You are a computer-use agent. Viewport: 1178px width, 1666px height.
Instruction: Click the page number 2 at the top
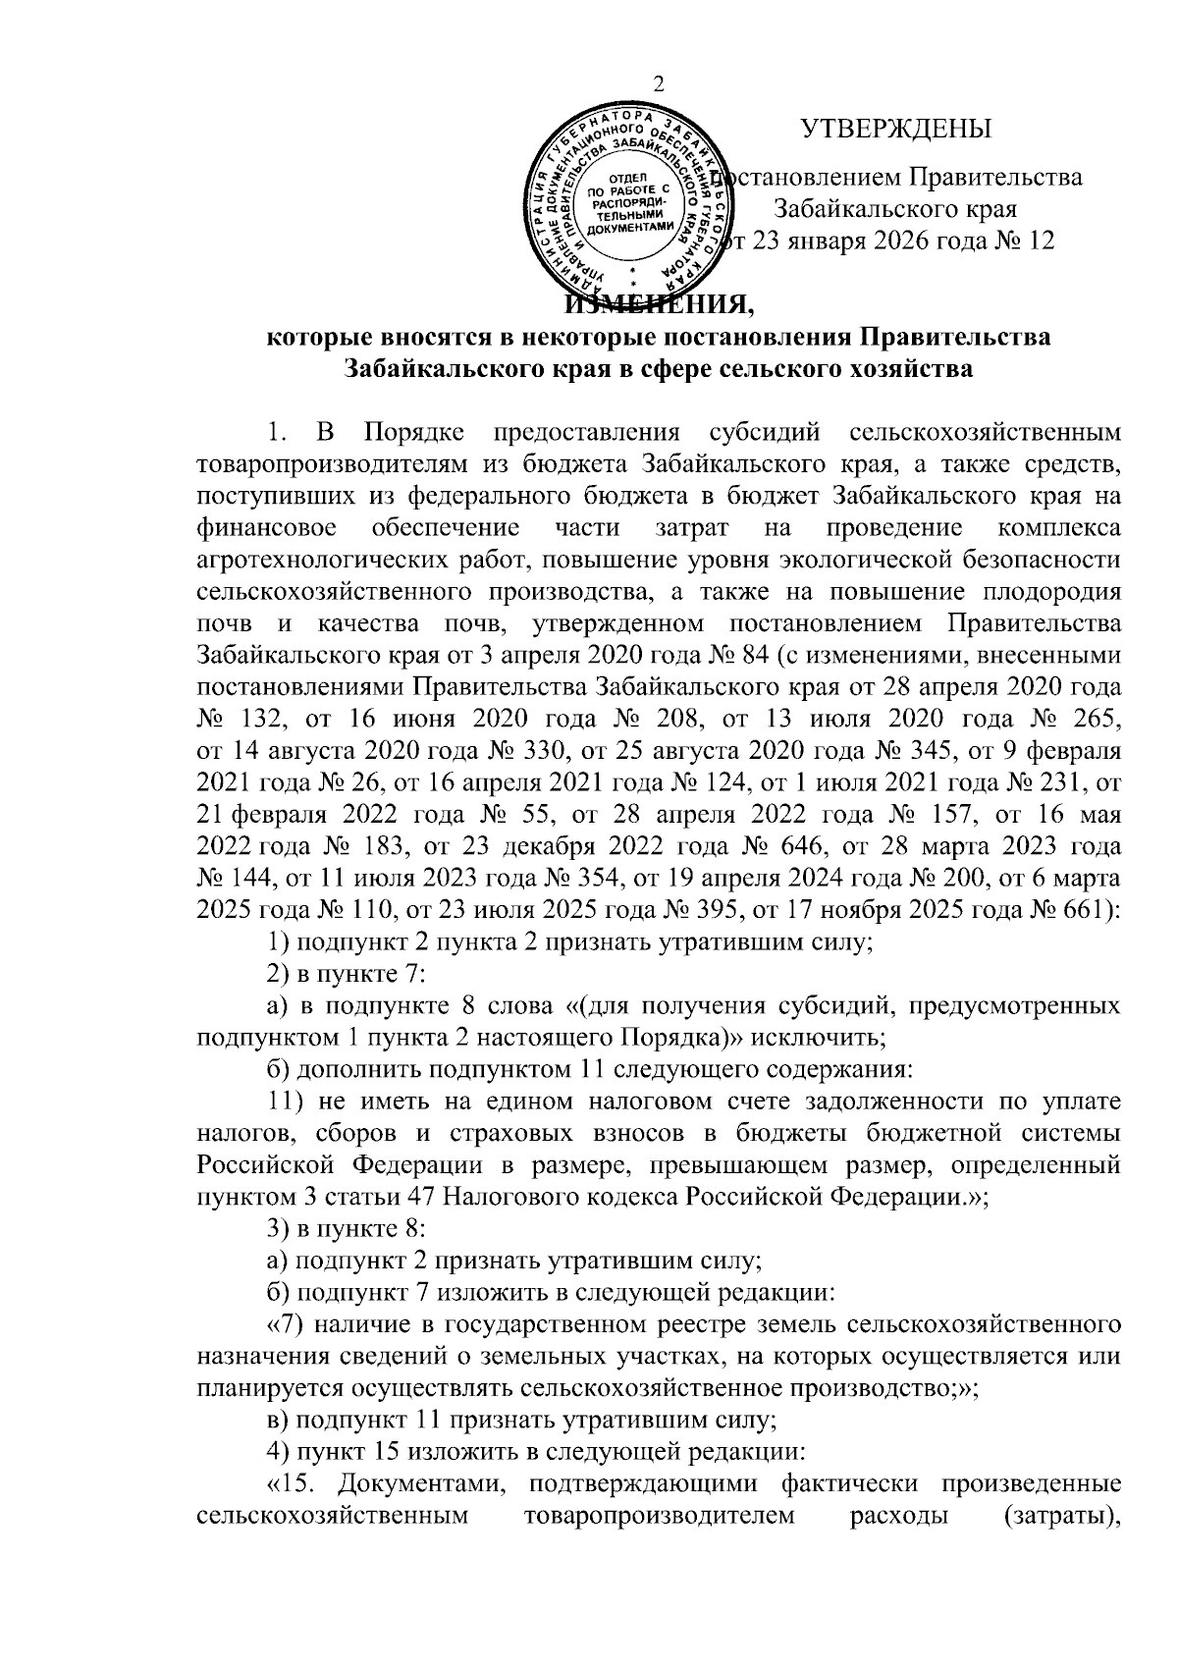(658, 84)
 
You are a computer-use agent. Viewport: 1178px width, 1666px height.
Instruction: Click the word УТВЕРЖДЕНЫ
(895, 130)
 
